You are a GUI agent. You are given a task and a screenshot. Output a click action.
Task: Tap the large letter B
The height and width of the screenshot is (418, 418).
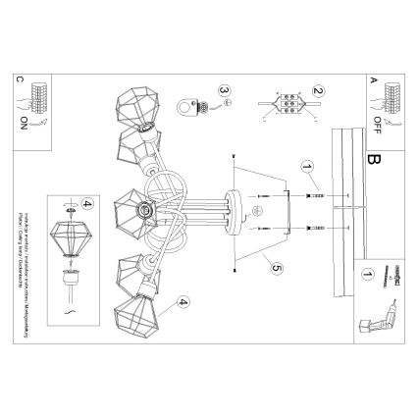[x=372, y=158]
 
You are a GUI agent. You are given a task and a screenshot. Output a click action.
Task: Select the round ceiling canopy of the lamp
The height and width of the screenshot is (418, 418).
[x=235, y=209]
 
